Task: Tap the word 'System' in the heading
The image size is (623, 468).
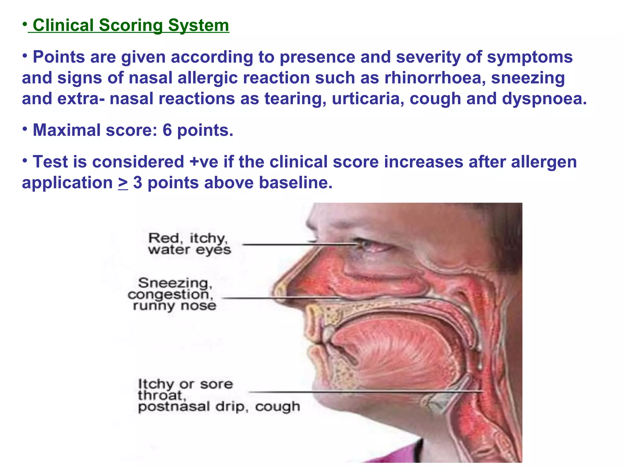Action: [198, 25]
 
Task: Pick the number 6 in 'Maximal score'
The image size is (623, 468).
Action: [167, 130]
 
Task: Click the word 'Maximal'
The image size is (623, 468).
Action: [67, 130]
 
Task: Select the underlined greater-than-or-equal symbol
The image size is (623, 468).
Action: [123, 183]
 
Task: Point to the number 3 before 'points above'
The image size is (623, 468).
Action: [137, 183]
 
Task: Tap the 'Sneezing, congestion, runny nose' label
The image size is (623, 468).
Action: [172, 294]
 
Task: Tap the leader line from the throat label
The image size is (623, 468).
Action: [365, 392]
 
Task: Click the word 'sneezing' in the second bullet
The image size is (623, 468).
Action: [528, 78]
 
